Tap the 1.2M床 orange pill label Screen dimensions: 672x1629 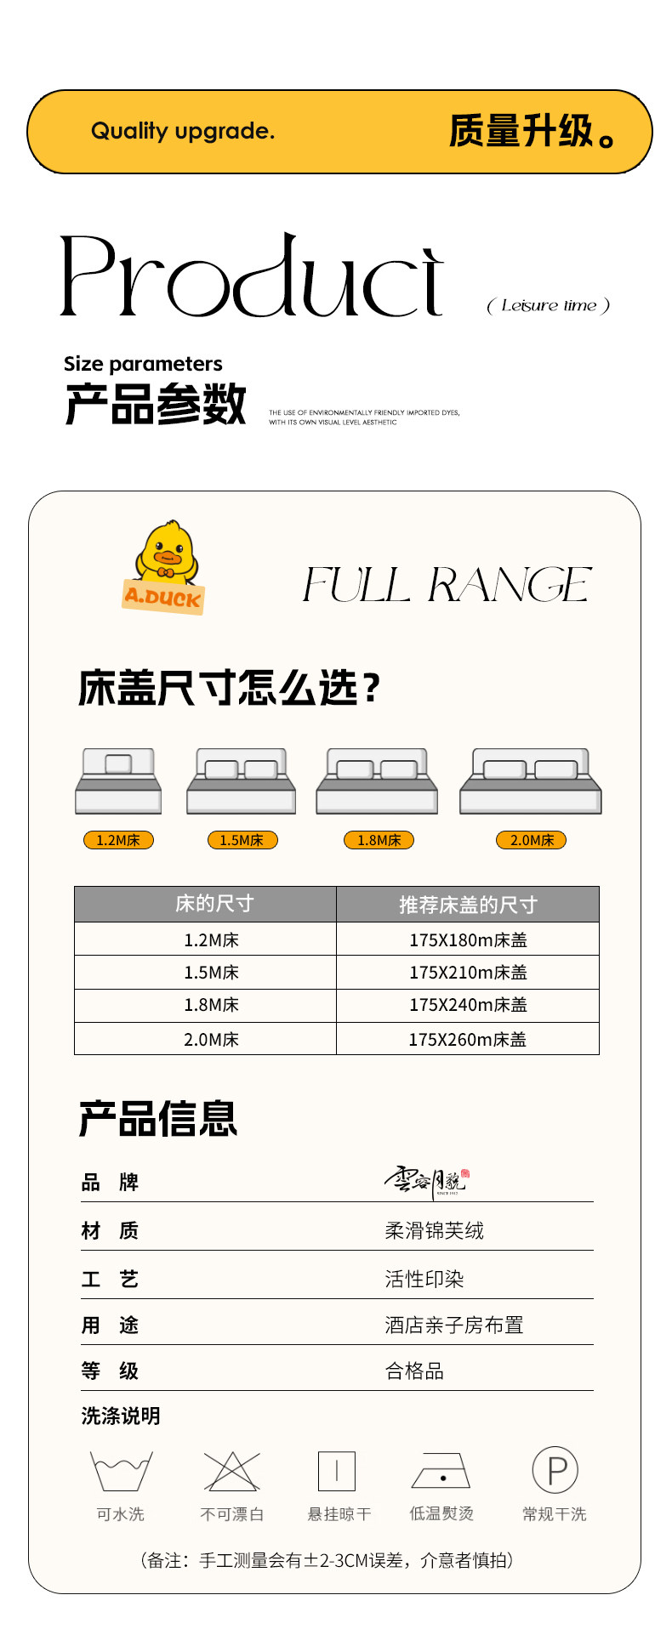point(118,840)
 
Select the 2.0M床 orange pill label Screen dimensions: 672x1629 point(532,840)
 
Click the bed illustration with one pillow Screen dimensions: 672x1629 point(118,780)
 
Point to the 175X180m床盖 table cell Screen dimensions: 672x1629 point(468,939)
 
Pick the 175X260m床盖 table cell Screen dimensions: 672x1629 point(468,1039)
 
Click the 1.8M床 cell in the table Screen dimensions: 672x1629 point(211,1005)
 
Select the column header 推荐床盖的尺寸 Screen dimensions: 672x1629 point(468,905)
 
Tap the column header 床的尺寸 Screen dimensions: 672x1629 point(214,904)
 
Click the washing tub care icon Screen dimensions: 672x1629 point(121,1471)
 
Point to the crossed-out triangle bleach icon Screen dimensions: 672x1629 point(231,1471)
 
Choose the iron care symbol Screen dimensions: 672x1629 point(441,1472)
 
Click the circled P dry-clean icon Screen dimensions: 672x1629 point(555,1470)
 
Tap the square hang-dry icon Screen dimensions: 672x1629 point(337,1471)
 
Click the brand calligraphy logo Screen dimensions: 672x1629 point(425,1180)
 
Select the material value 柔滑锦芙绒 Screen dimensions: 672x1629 point(434,1230)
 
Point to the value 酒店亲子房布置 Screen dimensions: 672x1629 point(453,1325)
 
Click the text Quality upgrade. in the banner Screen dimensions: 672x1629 point(183,131)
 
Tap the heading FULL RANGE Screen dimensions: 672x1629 point(447,585)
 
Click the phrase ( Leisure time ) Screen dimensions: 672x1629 point(549,305)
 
